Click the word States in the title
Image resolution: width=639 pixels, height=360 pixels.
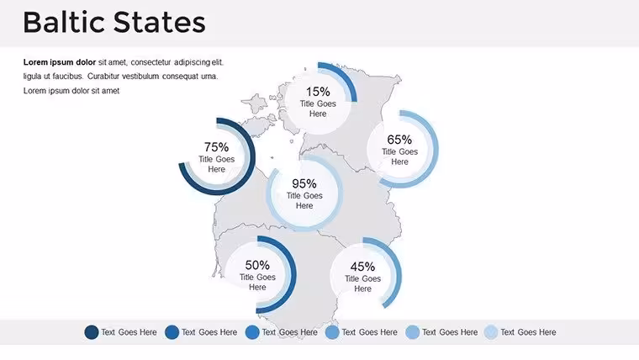tap(160, 22)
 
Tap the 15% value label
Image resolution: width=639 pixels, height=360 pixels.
tap(318, 92)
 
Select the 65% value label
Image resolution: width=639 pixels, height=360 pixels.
tap(399, 140)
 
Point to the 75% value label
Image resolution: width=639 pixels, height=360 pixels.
tap(216, 146)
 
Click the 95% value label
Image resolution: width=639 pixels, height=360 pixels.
tap(304, 183)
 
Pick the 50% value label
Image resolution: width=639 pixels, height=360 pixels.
tap(257, 265)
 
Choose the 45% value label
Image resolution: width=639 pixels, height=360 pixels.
tap(362, 267)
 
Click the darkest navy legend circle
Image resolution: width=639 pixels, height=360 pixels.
tap(92, 332)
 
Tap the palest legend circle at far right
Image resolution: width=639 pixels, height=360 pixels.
tap(491, 332)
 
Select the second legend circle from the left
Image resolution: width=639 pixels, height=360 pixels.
tap(172, 332)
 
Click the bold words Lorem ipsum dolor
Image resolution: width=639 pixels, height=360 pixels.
tap(60, 62)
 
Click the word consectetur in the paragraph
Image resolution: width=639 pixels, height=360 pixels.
tap(151, 62)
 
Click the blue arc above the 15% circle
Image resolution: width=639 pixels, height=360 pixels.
tap(346, 75)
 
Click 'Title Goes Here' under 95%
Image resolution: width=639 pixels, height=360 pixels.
tap(304, 200)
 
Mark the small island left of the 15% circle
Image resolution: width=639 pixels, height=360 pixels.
tap(256, 103)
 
